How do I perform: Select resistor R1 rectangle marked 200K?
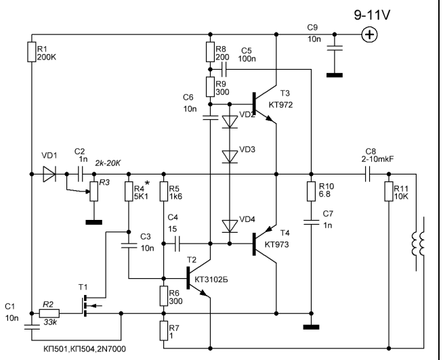tap(32, 52)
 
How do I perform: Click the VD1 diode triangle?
tap(49, 175)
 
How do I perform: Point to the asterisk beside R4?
tap(146, 182)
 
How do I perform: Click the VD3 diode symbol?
tap(230, 156)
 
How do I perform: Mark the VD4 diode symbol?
tap(230, 224)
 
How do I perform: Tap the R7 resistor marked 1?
tap(164, 331)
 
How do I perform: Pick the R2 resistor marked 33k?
tap(49, 313)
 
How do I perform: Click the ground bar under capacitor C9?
tap(334, 74)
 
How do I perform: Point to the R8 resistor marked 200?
tap(211, 52)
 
